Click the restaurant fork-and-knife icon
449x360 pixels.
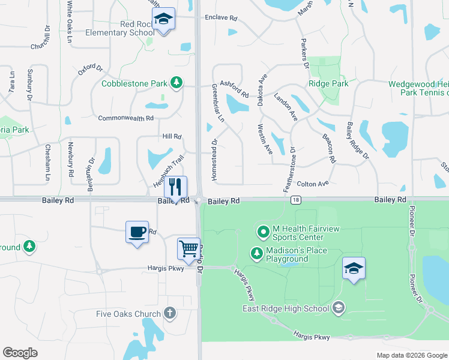175,186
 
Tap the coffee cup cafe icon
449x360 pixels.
137,232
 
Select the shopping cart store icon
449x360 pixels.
188,248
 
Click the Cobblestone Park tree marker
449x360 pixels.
176,82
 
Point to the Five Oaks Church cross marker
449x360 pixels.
170,313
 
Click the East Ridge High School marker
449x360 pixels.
339,308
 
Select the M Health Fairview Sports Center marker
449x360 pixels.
263,231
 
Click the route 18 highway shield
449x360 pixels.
295,200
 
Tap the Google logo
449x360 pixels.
20,353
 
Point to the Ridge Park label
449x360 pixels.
328,84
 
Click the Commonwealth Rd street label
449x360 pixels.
125,118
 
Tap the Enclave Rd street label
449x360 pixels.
221,17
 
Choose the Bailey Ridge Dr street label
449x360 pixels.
357,141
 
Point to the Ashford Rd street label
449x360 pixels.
234,89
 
